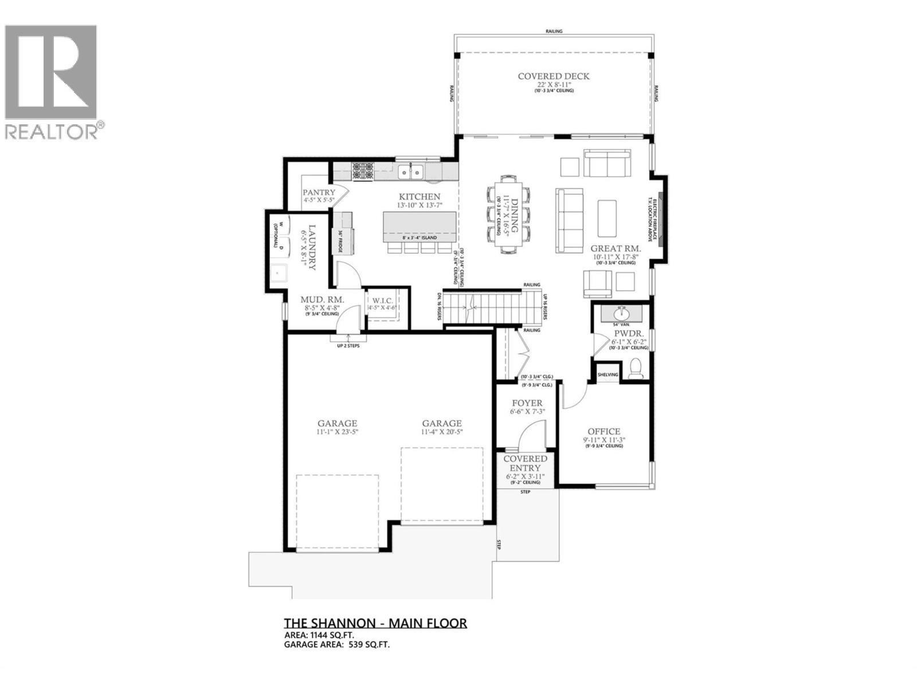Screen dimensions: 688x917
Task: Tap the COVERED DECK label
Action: (553, 76)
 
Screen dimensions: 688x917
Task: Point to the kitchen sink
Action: (411, 170)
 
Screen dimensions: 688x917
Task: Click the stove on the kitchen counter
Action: (362, 170)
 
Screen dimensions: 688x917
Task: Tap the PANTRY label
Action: (319, 193)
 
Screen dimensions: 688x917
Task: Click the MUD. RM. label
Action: (322, 299)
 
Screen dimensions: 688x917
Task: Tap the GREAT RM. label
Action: (616, 249)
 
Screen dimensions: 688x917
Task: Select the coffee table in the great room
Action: (607, 218)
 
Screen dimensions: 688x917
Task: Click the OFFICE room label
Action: (604, 432)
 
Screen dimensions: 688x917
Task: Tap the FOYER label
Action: (527, 403)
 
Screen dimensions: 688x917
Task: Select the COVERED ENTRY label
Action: (525, 463)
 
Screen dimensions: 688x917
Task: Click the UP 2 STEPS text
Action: (348, 346)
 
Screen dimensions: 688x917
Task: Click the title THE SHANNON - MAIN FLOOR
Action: (375, 623)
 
